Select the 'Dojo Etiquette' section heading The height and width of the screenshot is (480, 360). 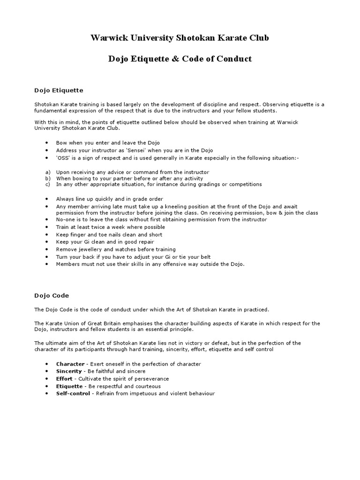click(59, 90)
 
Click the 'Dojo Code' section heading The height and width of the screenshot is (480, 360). click(52, 295)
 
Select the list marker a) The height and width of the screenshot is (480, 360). click(47, 172)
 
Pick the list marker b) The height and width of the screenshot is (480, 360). click(47, 179)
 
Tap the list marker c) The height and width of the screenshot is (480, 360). click(47, 184)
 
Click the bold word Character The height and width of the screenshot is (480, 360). click(70, 364)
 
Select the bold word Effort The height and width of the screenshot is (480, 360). click(64, 379)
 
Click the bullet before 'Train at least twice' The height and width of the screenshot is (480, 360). click(47, 227)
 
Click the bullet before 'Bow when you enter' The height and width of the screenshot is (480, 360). click(47, 143)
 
